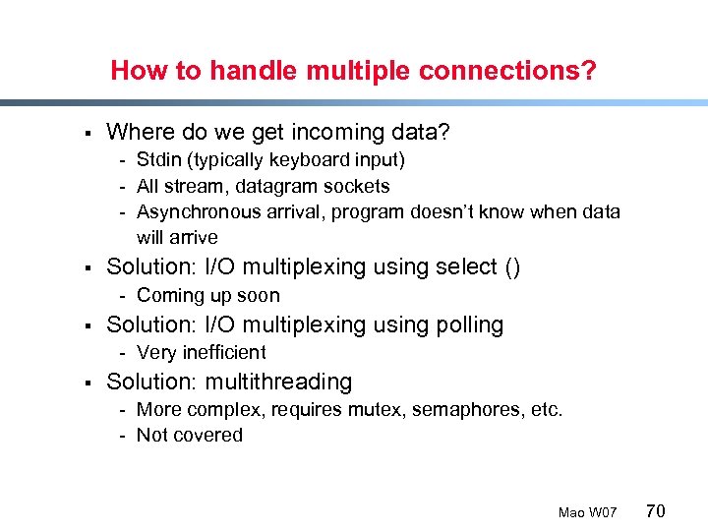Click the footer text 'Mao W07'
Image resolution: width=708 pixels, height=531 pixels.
587,512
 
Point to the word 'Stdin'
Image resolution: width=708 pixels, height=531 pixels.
157,159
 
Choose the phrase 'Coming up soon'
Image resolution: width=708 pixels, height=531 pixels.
207,295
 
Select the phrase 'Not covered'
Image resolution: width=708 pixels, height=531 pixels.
189,435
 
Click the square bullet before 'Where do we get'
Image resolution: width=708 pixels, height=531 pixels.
88,133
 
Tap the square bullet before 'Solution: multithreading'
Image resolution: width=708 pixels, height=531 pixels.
88,383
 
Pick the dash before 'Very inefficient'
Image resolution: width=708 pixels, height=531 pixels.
123,352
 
